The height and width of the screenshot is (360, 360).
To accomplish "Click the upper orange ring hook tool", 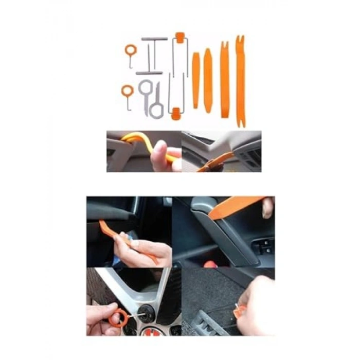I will (130, 50).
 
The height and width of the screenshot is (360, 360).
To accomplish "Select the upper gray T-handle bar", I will (154, 39).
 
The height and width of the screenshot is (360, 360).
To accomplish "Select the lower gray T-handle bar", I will (149, 73).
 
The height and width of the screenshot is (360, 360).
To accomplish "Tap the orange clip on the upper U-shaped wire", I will (179, 36).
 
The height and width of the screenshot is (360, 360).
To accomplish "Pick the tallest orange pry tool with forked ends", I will (240, 80).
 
